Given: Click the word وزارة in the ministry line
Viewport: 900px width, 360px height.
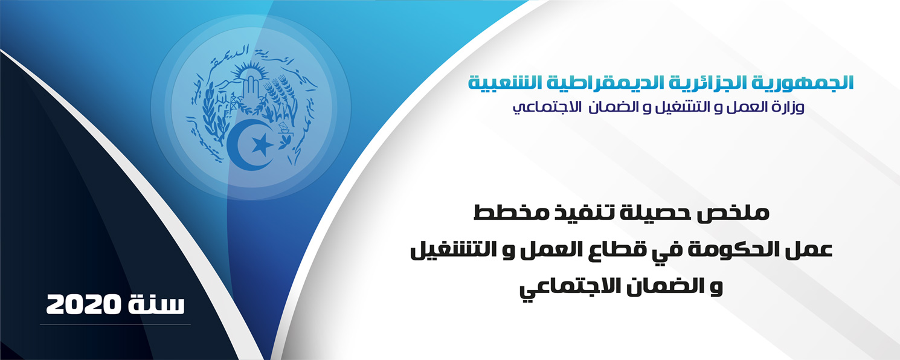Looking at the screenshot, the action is coord(784,108).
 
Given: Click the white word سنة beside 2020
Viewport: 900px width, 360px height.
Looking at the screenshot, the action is coord(156,305).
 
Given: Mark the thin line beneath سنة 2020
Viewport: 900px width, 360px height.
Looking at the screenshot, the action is coord(115,324).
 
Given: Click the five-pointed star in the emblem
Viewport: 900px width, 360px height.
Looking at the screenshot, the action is coord(263,144).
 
